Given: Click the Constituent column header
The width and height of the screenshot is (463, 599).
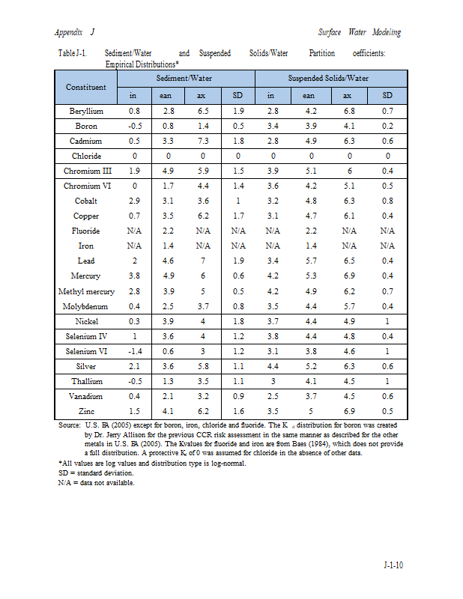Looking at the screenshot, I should point(86,87).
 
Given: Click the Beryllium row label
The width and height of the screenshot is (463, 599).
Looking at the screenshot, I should point(86,111).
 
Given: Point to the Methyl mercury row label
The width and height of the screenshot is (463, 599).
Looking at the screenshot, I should point(86,291).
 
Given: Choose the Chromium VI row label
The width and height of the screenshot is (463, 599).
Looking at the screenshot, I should point(86,186).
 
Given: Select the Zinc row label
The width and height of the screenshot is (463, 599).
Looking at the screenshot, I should point(86,410).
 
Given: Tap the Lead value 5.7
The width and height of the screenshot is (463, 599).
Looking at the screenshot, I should point(309,261).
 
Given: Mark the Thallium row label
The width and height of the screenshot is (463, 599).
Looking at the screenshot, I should point(86,380).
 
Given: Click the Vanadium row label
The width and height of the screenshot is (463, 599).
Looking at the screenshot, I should point(86,395).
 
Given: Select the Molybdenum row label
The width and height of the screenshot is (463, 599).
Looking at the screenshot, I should point(86,305).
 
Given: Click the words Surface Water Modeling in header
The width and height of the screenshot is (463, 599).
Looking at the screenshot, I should point(359,32).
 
